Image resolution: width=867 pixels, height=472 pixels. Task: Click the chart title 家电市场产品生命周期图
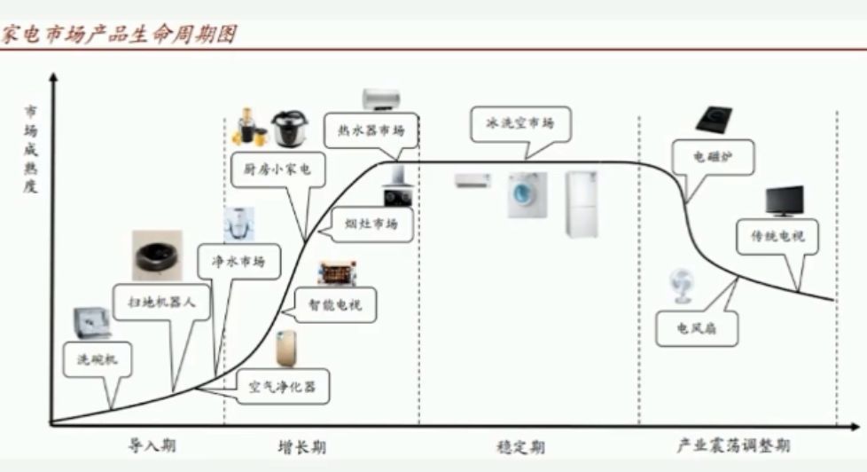119,35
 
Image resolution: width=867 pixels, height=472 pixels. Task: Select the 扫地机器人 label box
155,302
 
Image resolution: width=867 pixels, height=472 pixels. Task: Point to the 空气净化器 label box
283,387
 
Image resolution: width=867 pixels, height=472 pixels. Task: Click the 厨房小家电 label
271,169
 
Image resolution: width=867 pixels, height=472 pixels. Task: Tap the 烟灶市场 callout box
371,224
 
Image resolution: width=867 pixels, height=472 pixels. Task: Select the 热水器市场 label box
371,130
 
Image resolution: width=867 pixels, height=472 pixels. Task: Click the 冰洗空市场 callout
519,123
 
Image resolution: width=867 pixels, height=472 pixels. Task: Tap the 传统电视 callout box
778,237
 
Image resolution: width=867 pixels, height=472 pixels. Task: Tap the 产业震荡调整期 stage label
733,445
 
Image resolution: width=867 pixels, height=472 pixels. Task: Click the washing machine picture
527,195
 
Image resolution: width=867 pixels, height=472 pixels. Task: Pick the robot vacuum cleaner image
158,255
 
